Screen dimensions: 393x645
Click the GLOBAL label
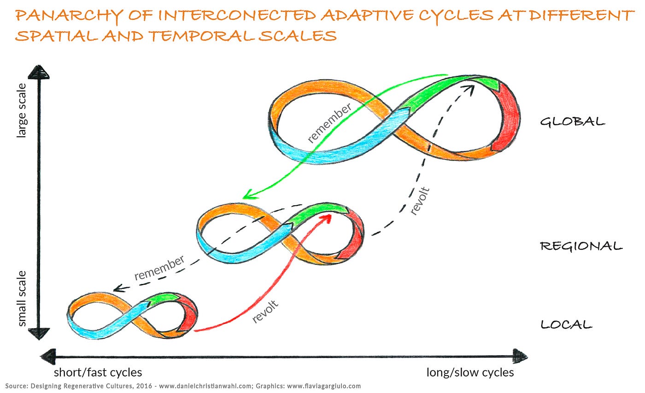(x=572, y=121)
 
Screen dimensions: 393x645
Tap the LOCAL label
(x=566, y=324)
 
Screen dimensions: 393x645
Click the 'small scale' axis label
(x=22, y=298)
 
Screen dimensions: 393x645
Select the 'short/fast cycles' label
(x=98, y=372)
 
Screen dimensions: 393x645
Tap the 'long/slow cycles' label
(x=470, y=372)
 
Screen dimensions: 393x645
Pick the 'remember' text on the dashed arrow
(x=159, y=267)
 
